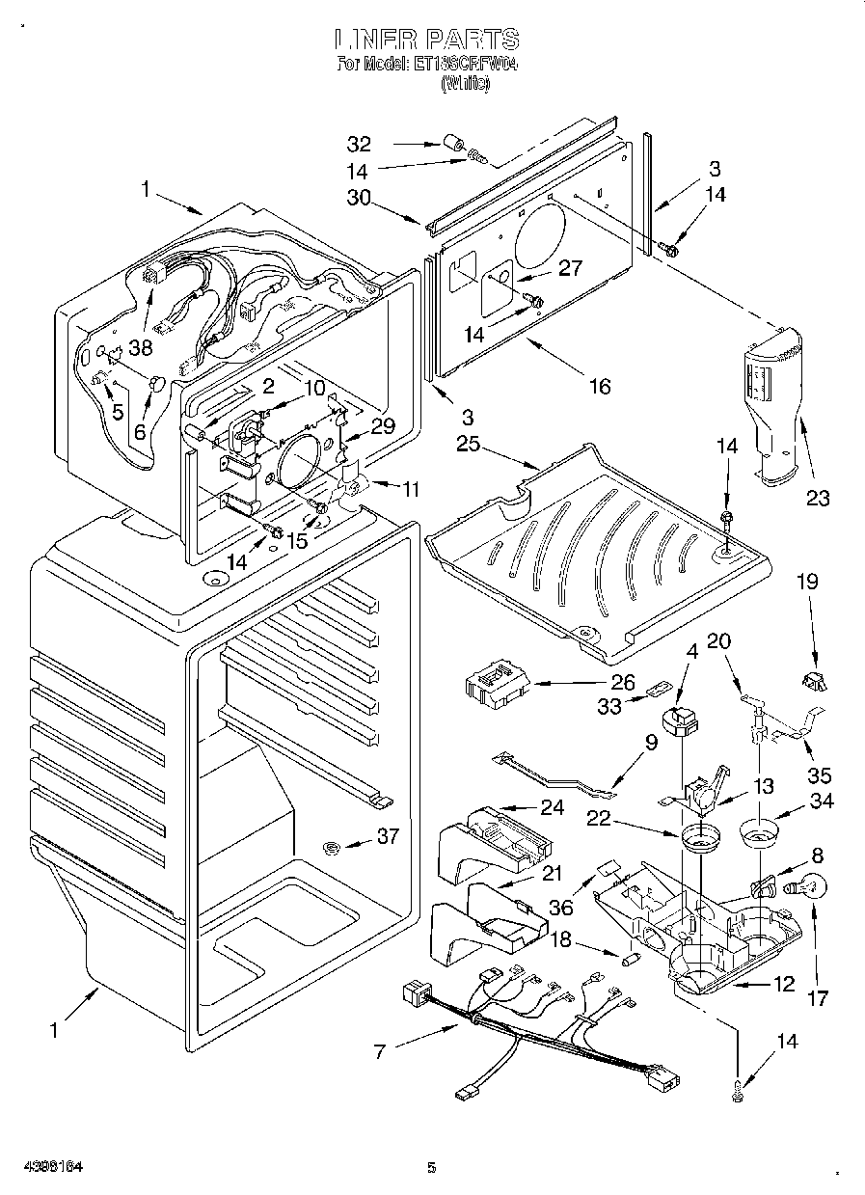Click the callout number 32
pos(359,145)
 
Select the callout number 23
pos(819,498)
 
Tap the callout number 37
pos(388,836)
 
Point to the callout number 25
pos(468,444)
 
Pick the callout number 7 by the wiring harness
pos(379,1051)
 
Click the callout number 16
pos(600,386)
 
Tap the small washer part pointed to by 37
pos(332,848)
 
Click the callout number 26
pos(622,682)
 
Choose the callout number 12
pos(783,984)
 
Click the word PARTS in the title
pos(469,40)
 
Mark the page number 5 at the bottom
pos(432,1168)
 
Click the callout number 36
pos(561,907)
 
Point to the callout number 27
pos(571,267)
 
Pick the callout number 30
pos(359,198)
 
